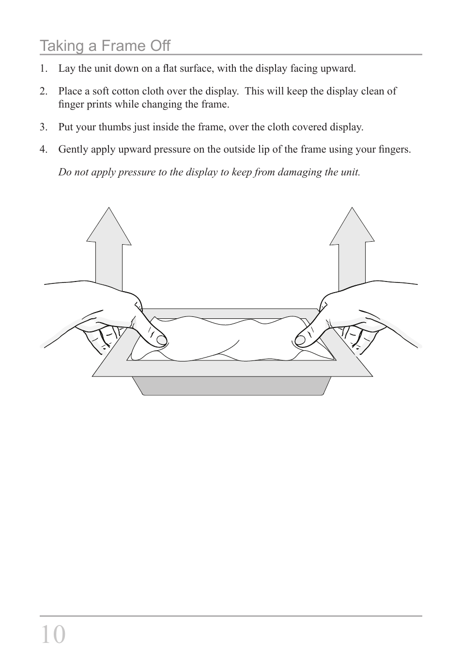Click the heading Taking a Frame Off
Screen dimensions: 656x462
point(105,46)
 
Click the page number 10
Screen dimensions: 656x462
point(53,634)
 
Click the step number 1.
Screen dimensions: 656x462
point(44,68)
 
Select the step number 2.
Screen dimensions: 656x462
point(44,91)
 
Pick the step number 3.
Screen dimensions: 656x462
point(44,127)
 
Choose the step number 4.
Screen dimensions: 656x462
point(44,149)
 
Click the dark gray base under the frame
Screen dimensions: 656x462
point(231,386)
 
